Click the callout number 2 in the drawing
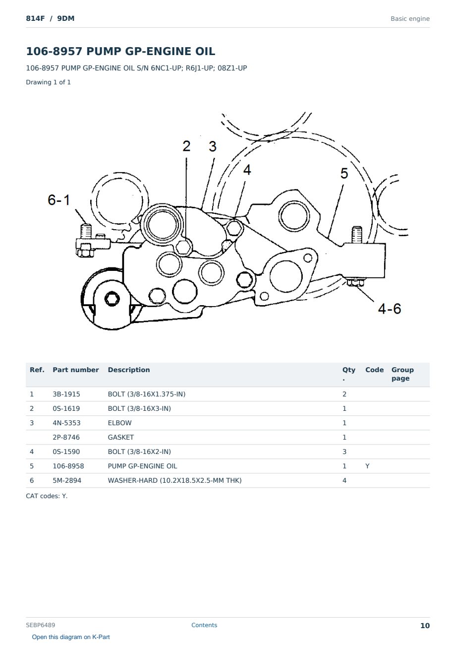pos(186,146)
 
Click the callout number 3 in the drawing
pos(213,146)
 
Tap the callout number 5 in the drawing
pos(344,173)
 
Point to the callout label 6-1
pos(58,200)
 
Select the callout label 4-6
pos(389,309)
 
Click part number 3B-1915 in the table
pos(66,394)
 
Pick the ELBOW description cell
pos(119,423)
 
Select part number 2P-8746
pos(66,437)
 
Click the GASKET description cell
pos(121,437)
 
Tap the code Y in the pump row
pos(367,466)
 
